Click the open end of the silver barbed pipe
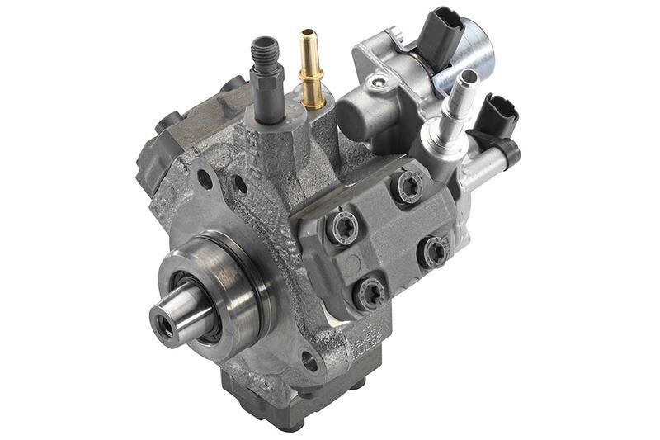tap(468, 78)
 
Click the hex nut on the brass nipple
tap(312, 87)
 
